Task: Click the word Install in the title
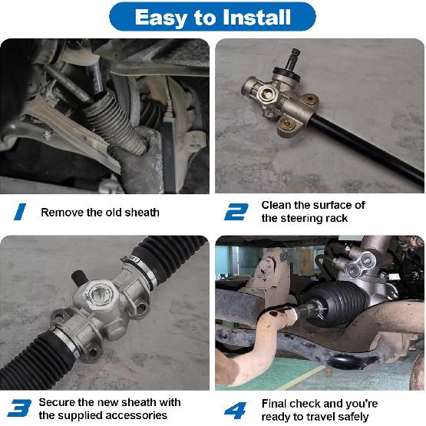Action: [256, 17]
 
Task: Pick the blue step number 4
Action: [235, 408]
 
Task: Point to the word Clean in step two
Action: [277, 205]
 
